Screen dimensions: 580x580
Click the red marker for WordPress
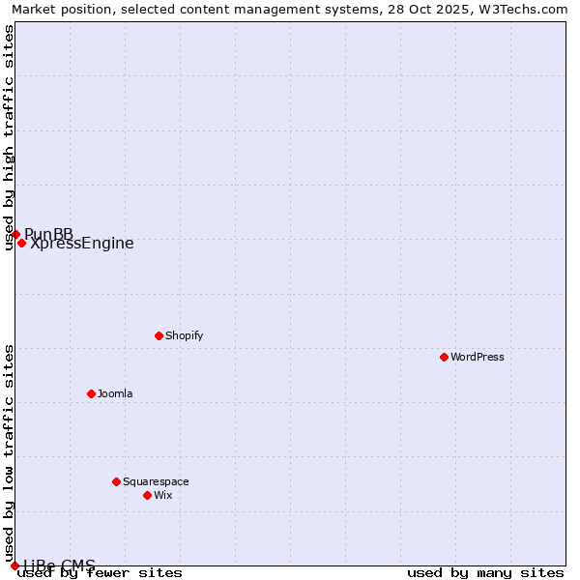point(444,357)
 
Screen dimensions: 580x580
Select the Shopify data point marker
point(159,335)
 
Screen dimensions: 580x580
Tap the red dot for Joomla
point(91,393)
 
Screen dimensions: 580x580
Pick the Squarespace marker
point(116,481)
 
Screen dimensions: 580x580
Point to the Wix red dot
point(147,495)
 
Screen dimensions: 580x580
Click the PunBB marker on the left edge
point(15,234)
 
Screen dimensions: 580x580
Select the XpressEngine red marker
point(21,243)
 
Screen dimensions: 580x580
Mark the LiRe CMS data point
point(14,565)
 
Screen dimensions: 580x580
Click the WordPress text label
point(478,357)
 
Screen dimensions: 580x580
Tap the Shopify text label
point(184,335)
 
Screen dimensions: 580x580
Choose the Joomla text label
point(115,393)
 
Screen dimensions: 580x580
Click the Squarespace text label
point(156,481)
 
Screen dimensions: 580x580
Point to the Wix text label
point(162,495)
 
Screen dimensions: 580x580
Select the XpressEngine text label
point(82,244)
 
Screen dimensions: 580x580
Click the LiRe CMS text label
point(60,565)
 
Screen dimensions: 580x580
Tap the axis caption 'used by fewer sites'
point(101,572)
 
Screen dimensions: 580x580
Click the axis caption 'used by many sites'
point(485,572)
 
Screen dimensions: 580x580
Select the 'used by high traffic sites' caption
point(10,137)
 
